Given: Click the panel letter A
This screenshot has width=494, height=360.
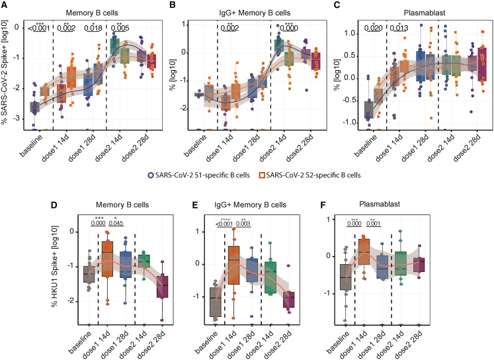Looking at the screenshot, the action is pyautogui.click(x=5, y=5).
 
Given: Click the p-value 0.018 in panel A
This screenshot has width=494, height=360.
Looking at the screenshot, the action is pyautogui.click(x=93, y=28).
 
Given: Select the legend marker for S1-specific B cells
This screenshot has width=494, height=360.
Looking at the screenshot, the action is pyautogui.click(x=151, y=175).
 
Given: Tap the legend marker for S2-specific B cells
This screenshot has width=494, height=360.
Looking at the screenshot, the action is pyautogui.click(x=261, y=175).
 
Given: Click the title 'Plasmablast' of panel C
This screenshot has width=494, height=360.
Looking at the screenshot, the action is pyautogui.click(x=425, y=13).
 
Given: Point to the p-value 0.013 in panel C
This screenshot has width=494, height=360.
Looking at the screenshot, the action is pyautogui.click(x=399, y=28).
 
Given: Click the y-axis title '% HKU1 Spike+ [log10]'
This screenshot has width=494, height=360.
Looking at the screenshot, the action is pyautogui.click(x=56, y=267).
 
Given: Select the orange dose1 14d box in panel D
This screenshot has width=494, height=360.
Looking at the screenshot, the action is pyautogui.click(x=107, y=259).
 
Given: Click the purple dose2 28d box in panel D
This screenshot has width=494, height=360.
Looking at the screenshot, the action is pyautogui.click(x=162, y=287).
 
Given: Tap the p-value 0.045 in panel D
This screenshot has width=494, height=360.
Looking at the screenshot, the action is pyautogui.click(x=116, y=223).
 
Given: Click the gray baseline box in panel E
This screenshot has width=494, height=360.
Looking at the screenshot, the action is pyautogui.click(x=216, y=302).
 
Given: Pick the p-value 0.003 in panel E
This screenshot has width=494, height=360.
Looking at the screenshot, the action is pyautogui.click(x=243, y=224).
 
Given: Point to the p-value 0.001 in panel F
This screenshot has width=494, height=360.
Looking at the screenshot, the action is pyautogui.click(x=374, y=224).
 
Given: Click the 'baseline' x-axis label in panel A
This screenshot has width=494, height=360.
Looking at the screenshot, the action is pyautogui.click(x=31, y=146).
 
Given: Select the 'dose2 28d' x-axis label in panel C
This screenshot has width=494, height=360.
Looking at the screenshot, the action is pyautogui.click(x=467, y=148).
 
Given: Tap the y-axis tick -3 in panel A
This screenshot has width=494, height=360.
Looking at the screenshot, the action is pyautogui.click(x=17, y=118).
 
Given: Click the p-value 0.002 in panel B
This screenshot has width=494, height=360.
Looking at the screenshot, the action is pyautogui.click(x=229, y=28).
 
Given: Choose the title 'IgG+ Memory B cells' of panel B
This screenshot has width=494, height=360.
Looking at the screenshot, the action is pyautogui.click(x=255, y=13).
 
